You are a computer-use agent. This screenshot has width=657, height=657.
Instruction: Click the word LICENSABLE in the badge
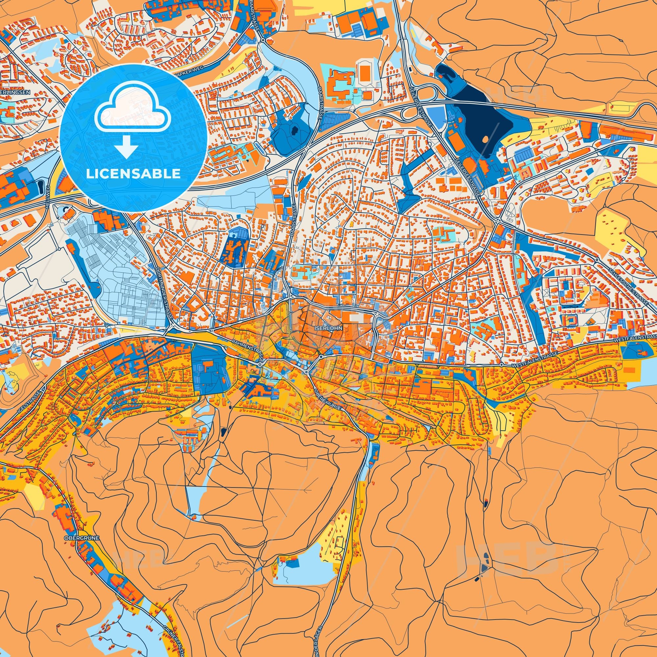[133, 174]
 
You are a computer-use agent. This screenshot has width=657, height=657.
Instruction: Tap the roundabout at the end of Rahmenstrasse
[260, 364]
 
